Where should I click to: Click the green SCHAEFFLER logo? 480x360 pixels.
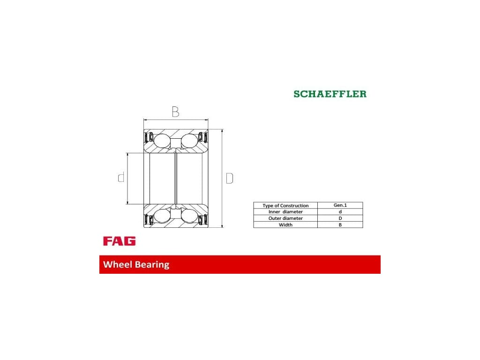tap(330, 94)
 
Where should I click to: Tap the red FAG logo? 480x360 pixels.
tap(120, 241)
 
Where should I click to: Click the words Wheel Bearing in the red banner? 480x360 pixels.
tap(136, 264)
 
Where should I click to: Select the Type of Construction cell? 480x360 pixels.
tap(285, 205)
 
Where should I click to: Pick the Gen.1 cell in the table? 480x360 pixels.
tap(340, 205)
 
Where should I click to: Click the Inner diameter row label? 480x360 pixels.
tap(285, 212)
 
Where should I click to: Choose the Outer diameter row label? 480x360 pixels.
tap(285, 218)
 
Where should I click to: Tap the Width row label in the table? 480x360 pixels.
tap(285, 225)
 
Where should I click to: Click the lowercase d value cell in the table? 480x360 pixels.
tap(340, 212)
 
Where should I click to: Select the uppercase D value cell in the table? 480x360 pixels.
tap(340, 218)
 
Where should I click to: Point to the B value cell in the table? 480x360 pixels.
tap(340, 225)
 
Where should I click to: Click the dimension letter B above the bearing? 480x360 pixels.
tap(175, 112)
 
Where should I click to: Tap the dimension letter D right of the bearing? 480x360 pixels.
tap(230, 178)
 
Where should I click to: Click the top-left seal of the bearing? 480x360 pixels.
tap(149, 138)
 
